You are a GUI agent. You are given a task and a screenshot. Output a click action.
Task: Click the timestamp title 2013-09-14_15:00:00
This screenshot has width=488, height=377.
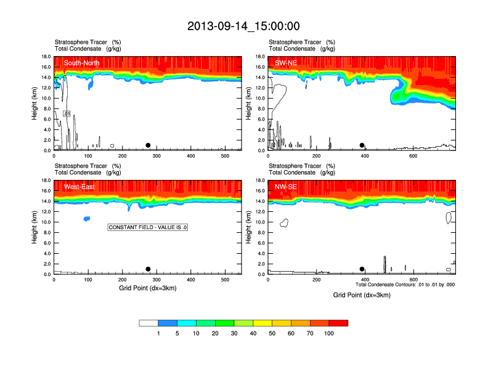[x=243, y=26]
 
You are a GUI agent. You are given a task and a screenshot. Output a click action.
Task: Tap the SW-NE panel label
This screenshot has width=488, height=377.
[x=287, y=63]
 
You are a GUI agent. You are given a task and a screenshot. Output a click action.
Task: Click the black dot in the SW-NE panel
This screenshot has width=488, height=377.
[x=362, y=145]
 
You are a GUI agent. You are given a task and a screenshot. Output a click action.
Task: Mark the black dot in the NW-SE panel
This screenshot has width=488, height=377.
[x=362, y=269]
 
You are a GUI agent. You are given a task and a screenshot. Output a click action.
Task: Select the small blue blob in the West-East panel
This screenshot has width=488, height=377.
[x=87, y=219]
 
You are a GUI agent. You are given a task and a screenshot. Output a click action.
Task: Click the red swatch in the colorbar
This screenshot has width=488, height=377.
[x=338, y=323]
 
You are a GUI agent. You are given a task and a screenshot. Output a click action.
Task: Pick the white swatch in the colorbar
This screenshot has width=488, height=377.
[x=148, y=323]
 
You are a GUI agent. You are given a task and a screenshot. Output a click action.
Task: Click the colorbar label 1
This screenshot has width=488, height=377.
[x=158, y=333]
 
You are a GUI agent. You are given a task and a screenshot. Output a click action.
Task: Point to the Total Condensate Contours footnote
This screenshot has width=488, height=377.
[x=405, y=285]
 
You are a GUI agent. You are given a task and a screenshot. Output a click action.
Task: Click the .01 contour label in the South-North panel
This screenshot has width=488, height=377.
[x=67, y=114]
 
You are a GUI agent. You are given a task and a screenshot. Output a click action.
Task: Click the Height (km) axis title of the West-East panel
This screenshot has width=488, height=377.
[x=36, y=227]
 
